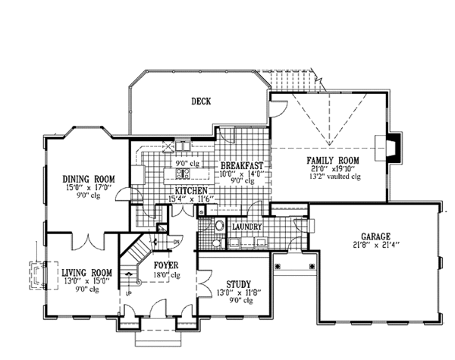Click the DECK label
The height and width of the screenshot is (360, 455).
tap(200, 100)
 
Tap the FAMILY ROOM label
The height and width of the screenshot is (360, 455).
tap(332, 160)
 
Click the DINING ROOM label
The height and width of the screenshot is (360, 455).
tap(88, 179)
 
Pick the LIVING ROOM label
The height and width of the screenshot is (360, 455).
tap(86, 272)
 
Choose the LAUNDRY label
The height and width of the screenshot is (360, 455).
tap(247, 227)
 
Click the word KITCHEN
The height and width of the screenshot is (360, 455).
tap(191, 189)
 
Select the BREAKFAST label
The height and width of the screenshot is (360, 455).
tap(242, 165)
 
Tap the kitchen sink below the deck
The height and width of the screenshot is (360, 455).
tap(184, 146)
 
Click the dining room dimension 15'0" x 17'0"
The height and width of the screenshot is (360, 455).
tap(88, 188)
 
